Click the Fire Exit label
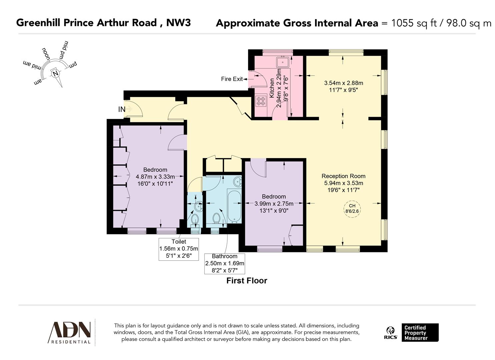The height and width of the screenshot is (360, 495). [232, 79]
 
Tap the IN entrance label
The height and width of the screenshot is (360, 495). [121, 109]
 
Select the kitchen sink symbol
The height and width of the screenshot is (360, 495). [283, 62]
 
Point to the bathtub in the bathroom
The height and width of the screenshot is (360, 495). [234, 205]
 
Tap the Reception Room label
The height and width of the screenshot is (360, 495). [343, 176]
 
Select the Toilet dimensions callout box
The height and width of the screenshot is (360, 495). [179, 249]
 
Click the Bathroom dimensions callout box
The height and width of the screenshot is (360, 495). [224, 263]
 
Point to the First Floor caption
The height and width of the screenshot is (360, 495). [247, 281]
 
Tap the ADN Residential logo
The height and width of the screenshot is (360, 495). [70, 332]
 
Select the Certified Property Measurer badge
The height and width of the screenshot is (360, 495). [420, 333]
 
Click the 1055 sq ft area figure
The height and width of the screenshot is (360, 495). [414, 23]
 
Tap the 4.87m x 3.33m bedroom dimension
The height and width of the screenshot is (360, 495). [155, 177]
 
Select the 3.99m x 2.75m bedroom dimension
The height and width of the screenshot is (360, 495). [274, 204]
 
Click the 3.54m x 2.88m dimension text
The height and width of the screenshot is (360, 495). [343, 83]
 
